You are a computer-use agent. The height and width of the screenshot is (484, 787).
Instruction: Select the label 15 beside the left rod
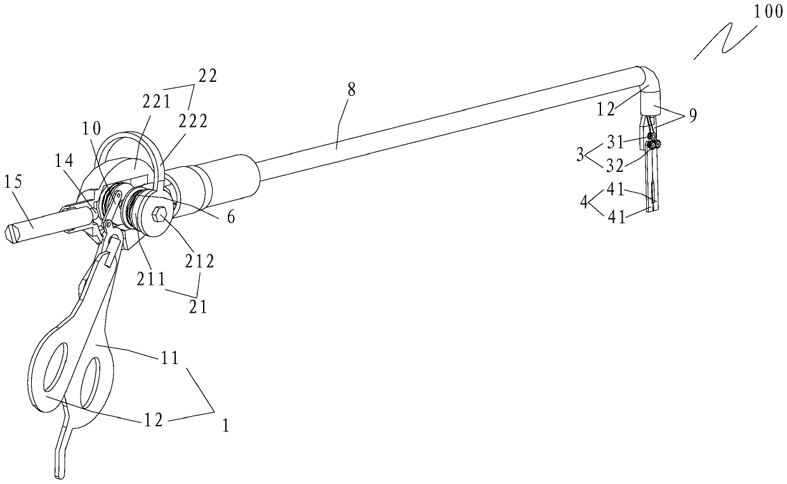click(14, 183)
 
